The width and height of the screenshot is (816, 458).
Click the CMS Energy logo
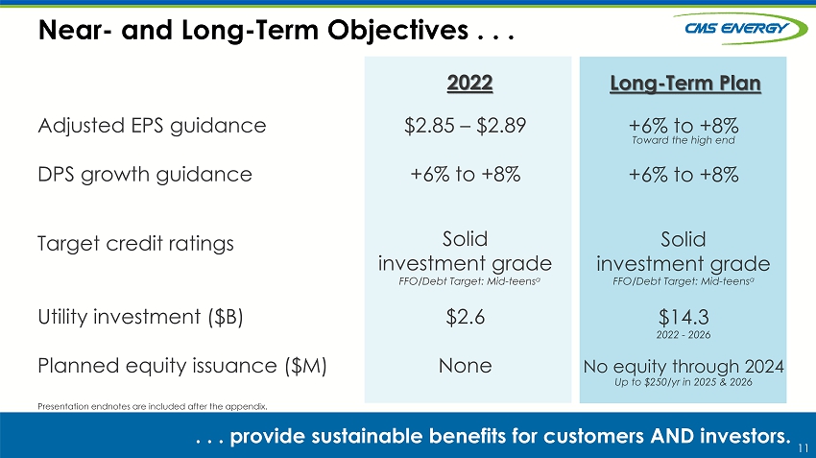coord(740,28)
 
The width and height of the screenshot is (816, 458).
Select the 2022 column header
coord(469,83)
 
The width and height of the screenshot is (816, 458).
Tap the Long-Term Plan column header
coord(684,84)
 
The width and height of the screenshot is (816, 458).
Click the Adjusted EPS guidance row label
coord(152,126)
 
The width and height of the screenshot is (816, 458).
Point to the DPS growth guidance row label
coord(145,175)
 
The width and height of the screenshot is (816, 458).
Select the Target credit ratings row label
coord(135,244)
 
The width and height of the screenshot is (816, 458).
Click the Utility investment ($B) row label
coord(140,317)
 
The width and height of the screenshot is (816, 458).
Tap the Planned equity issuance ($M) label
coord(182,366)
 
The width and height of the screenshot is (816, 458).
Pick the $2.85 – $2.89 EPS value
coord(466,126)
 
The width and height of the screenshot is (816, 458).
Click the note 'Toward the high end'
coord(684,140)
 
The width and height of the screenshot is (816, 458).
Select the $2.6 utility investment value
coord(466,317)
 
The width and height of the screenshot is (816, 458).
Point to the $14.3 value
coord(684,317)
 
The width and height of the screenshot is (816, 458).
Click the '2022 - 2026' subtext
coord(684,335)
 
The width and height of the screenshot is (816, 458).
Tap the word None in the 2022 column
coord(466,366)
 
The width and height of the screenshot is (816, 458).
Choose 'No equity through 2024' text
coord(684,367)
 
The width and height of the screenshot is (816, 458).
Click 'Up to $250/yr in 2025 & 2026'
coord(684,382)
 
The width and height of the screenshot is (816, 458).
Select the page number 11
coord(803,448)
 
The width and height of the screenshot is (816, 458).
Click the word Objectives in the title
coord(397,30)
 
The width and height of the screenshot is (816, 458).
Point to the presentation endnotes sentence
coord(153,406)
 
